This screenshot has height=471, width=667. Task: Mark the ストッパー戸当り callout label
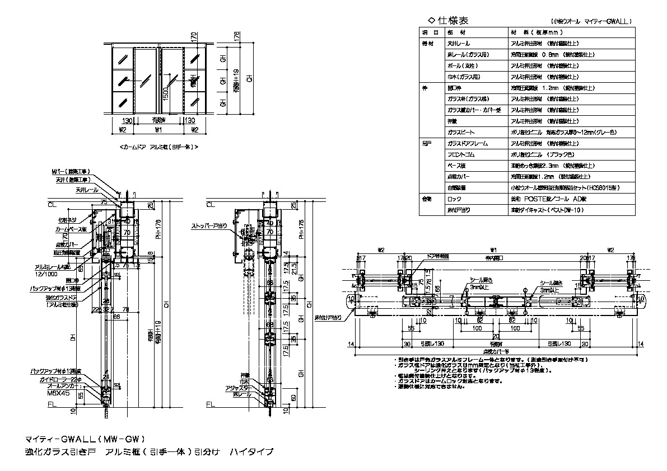point(209,227)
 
